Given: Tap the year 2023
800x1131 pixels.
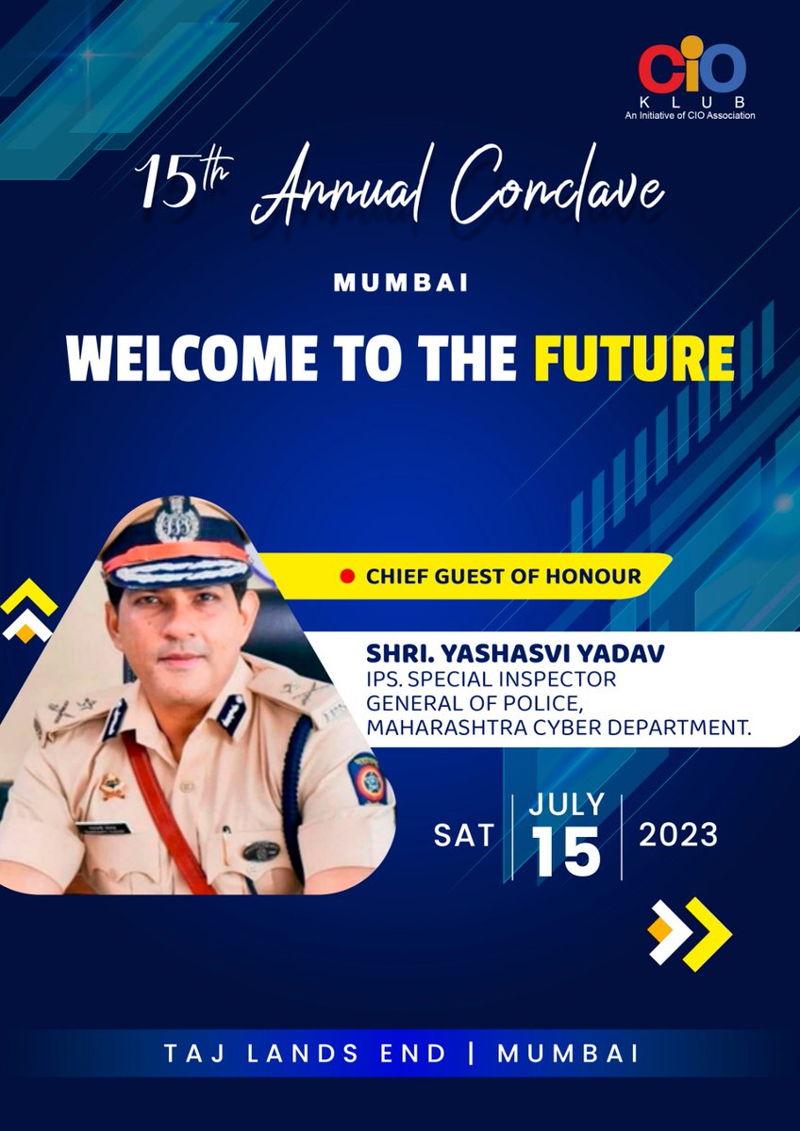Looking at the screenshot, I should point(678,835).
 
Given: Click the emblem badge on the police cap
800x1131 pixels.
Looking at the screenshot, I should point(174,518).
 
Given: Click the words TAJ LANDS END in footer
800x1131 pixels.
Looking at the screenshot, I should point(305,1054).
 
